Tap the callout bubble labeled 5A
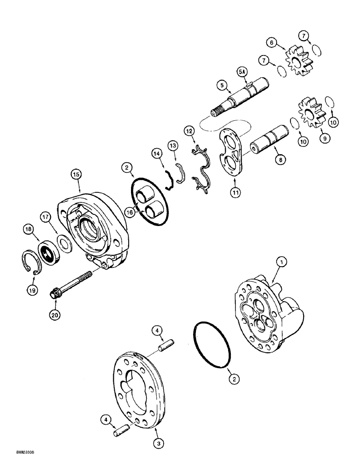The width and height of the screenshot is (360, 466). pyautogui.click(x=241, y=72)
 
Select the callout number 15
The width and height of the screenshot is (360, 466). pyautogui.click(x=76, y=174)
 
